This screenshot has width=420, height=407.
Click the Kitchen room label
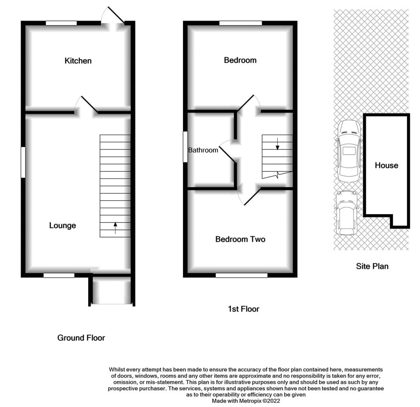[78, 61]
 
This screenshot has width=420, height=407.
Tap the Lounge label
[62, 226]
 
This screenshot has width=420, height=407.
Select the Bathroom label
[203, 150]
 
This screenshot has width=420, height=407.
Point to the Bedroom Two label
[240, 239]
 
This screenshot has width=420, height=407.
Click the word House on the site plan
[386, 165]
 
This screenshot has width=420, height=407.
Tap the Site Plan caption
[372, 266]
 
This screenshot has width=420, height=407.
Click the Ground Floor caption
[81, 338]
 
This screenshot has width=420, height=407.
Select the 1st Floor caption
[244, 309]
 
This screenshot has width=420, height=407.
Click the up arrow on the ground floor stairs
[115, 228]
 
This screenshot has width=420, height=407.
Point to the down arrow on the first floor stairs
[278, 144]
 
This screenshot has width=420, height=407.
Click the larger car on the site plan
[349, 151]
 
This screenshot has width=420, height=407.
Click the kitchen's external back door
[116, 15]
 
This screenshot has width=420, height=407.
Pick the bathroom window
[185, 147]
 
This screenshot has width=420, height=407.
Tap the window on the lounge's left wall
[23, 162]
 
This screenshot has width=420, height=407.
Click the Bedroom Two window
[242, 275]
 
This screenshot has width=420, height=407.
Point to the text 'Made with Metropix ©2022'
[246, 401]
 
